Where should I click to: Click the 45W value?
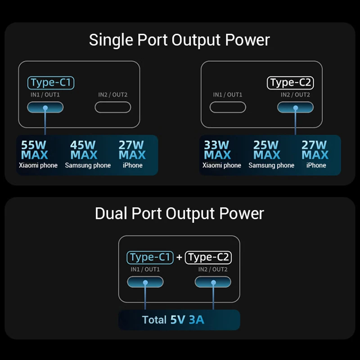[83, 145]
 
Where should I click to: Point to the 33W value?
[216, 145]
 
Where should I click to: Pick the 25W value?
[266, 145]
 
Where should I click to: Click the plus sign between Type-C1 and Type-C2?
[179, 257]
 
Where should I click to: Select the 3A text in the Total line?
[196, 320]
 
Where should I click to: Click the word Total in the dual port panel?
[154, 320]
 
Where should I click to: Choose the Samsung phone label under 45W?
[88, 166]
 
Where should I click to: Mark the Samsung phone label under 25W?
[271, 166]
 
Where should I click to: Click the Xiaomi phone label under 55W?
[38, 166]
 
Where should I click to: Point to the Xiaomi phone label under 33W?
[222, 166]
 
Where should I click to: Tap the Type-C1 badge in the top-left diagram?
[51, 83]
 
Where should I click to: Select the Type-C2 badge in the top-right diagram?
[290, 83]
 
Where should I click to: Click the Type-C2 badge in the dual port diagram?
[209, 257]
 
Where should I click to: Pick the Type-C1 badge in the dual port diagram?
[150, 257]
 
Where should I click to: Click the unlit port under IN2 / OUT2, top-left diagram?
[112, 107]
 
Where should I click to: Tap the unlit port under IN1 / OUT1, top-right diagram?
[228, 107]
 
